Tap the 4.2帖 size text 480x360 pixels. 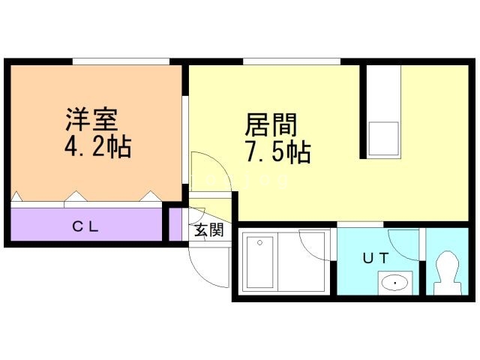(97, 145)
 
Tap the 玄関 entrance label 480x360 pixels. (209, 230)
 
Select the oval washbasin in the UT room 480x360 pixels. (395, 283)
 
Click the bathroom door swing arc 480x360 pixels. (315, 244)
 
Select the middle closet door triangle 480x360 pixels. (76, 199)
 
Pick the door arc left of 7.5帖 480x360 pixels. (202, 169)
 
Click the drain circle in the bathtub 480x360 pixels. (259, 242)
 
